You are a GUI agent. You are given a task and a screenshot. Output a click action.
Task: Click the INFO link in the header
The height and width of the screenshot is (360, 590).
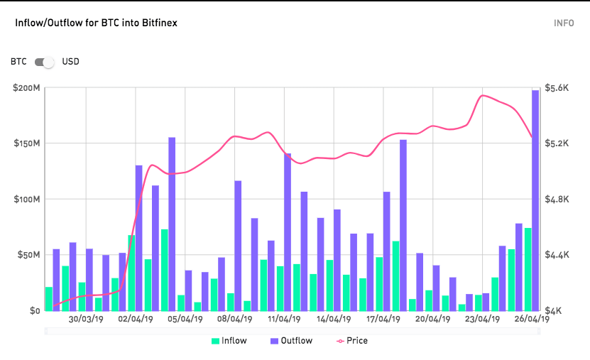coord(564,23)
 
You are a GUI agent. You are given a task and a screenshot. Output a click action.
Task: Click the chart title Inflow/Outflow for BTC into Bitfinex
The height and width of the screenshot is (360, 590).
coord(96,23)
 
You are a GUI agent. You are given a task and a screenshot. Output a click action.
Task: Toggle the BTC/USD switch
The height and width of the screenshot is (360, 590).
coord(45,62)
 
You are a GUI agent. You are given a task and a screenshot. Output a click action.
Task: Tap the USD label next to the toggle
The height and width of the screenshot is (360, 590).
coord(71,62)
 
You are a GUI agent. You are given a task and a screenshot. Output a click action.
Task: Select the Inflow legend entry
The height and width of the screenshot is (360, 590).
coord(229,341)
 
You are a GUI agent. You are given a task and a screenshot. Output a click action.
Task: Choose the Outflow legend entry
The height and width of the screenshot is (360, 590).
coord(290,341)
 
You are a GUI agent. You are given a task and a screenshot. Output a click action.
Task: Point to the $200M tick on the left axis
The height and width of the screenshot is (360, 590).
coord(27,88)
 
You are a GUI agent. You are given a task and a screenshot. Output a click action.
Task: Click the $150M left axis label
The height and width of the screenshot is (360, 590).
coord(27,143)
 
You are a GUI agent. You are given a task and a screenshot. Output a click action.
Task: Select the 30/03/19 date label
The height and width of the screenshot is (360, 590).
coord(86,319)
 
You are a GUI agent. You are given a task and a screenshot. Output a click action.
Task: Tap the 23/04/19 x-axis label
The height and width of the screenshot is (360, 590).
coord(482,319)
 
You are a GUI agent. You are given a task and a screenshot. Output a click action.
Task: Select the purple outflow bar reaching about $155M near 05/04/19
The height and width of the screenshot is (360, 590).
coord(172,224)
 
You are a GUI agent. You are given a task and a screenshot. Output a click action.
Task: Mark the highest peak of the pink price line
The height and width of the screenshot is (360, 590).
coord(483,95)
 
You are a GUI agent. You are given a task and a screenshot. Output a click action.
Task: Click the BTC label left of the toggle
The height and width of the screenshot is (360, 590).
coord(18,62)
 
